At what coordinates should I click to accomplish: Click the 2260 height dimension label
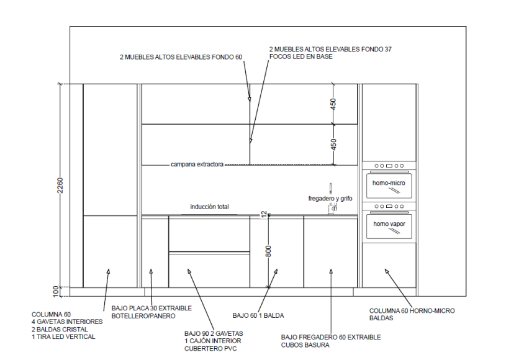pos(60,186)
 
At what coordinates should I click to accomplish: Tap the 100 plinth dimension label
pos(56,291)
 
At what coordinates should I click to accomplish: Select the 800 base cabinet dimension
pos(268,251)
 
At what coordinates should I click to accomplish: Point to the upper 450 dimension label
pos(333,104)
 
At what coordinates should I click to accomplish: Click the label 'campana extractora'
pos(197,164)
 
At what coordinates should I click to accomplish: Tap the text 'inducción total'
pos(209,207)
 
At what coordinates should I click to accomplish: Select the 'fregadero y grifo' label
pos(330,199)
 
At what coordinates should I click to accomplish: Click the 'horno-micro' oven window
pos(389,186)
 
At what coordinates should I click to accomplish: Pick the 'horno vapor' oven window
pos(389,227)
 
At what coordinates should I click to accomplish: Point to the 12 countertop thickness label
pos(264,214)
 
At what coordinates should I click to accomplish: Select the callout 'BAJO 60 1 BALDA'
pos(258,315)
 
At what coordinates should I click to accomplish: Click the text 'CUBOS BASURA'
pos(305,345)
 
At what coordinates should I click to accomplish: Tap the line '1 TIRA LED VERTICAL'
pos(63,337)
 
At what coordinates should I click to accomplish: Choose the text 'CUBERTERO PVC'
pos(210,349)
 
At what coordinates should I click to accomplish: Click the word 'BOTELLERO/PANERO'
pos(143,316)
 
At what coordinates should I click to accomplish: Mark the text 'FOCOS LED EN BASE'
pos(300,56)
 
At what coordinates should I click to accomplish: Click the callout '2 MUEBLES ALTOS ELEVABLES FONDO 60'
pos(181,57)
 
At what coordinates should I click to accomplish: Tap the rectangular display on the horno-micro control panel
pos(389,166)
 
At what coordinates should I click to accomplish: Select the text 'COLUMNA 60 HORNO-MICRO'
pos(412,310)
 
